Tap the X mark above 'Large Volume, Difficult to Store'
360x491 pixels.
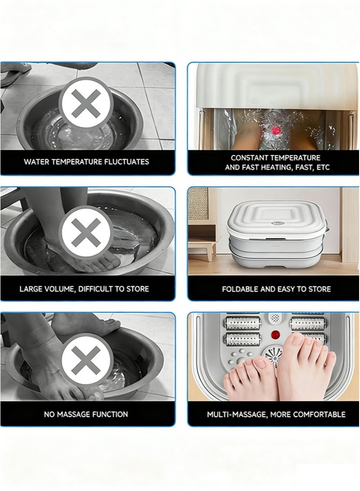tap(86, 232)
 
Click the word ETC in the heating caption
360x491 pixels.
tap(323, 167)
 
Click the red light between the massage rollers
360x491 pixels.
tap(275, 334)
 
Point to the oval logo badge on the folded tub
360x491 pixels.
tap(277, 224)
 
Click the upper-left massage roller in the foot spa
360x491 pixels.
tap(243, 323)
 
